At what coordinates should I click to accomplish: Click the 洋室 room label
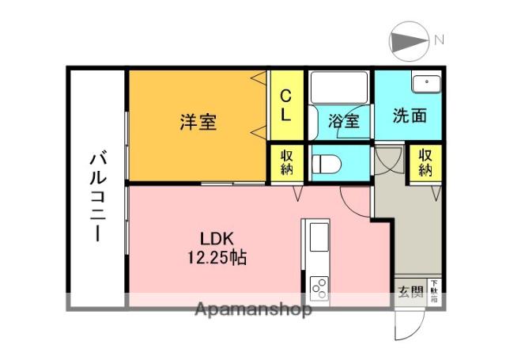(198, 123)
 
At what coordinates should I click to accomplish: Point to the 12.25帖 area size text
(214, 256)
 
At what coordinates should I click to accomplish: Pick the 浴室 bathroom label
(344, 122)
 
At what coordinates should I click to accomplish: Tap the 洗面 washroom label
(410, 116)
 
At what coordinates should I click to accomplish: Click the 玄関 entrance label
(410, 290)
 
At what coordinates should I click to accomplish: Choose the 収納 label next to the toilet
(285, 162)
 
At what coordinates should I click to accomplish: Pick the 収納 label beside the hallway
(425, 162)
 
